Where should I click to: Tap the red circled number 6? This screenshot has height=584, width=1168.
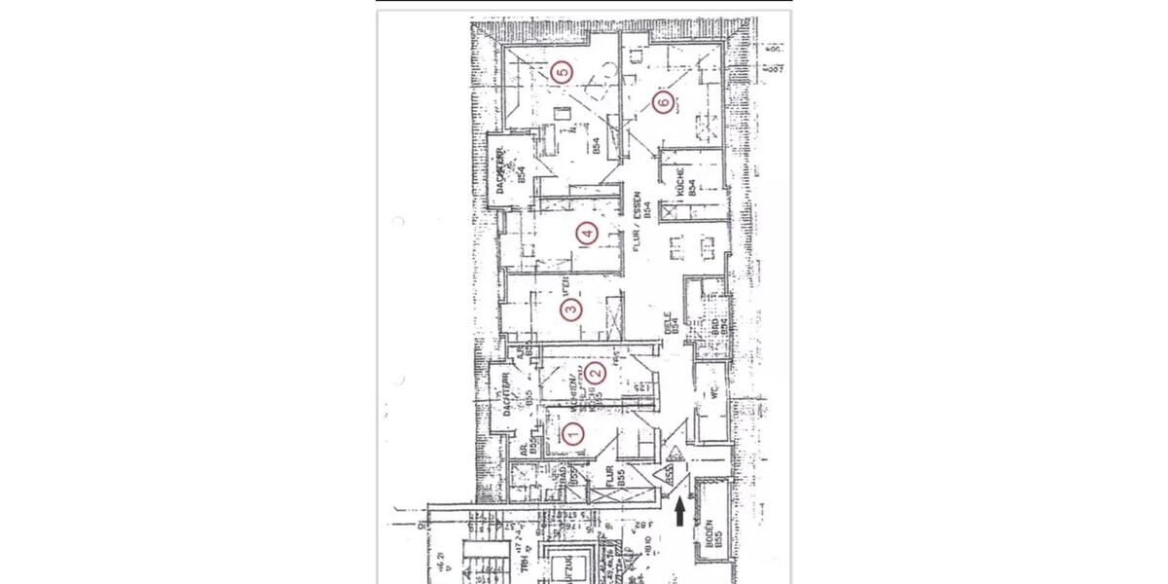(x=663, y=101)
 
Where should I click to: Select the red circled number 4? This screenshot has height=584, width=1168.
(x=585, y=233)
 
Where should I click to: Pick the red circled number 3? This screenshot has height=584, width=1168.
(x=571, y=310)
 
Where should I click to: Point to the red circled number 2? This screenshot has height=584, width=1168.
(x=597, y=372)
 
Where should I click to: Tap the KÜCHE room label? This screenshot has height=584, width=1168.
(x=686, y=181)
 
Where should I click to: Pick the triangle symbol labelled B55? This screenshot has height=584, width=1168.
(x=670, y=476)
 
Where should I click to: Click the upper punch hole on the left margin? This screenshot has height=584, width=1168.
(x=397, y=223)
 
